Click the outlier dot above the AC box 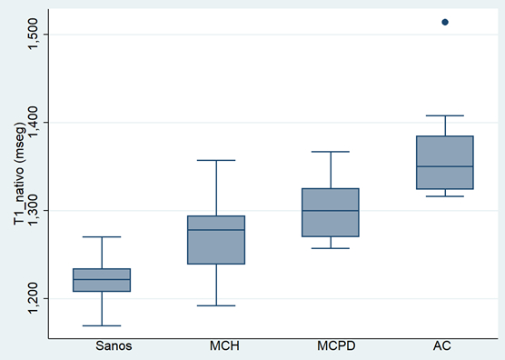445,22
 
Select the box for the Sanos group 126,280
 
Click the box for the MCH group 216,240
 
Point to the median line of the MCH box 216,230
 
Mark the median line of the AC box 445,166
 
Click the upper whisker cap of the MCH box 216,160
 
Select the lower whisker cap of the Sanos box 126,325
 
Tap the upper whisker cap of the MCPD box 305,152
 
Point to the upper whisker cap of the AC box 445,115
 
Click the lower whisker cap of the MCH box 216,305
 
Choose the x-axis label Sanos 126,346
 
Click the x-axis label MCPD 305,346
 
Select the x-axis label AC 445,346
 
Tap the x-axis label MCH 216,346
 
